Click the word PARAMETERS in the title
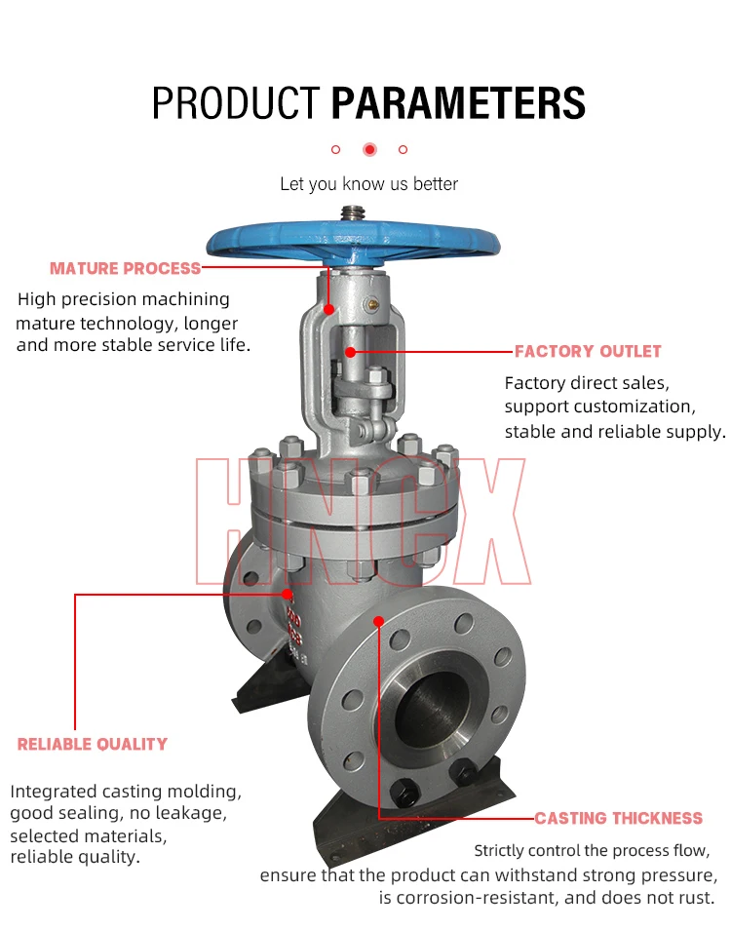click(x=458, y=102)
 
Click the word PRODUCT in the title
click(x=236, y=102)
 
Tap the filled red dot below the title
click(x=369, y=149)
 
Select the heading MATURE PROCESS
click(x=125, y=268)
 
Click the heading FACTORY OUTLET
click(x=588, y=351)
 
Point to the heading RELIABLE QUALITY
click(x=93, y=744)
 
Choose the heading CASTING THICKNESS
click(x=618, y=818)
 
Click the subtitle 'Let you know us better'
click(x=368, y=183)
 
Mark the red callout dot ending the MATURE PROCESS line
click(x=329, y=309)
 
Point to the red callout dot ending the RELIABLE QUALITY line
click(x=288, y=593)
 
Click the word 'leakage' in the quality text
click(x=191, y=813)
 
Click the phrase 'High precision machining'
click(x=124, y=299)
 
